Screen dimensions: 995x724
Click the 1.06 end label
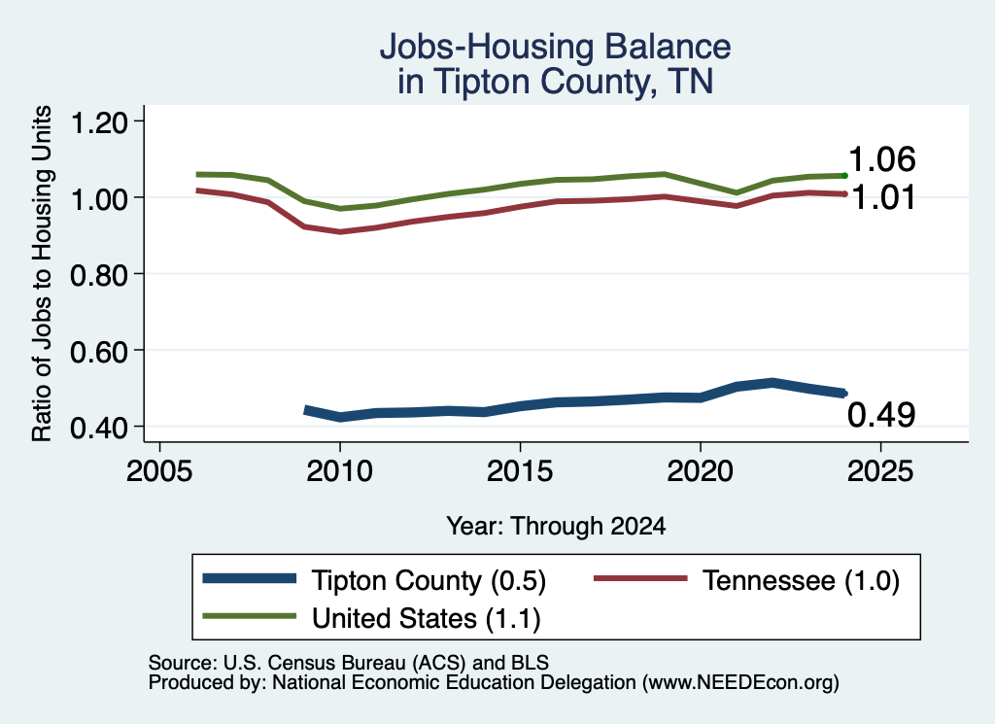pyautogui.click(x=881, y=159)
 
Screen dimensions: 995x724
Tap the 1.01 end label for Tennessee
pyautogui.click(x=882, y=197)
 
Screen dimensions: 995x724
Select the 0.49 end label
pyautogui.click(x=881, y=415)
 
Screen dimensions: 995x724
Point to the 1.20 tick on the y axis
pyautogui.click(x=99, y=122)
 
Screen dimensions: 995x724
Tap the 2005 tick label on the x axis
pyautogui.click(x=159, y=471)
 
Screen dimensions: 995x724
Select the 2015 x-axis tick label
pyautogui.click(x=520, y=471)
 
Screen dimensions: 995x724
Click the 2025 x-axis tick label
pyautogui.click(x=880, y=471)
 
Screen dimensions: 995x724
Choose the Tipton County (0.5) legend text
pyautogui.click(x=429, y=580)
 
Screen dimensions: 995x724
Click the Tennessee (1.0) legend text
pyautogui.click(x=801, y=580)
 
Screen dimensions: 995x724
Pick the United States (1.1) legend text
pyautogui.click(x=427, y=619)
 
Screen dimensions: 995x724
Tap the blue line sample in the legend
pyautogui.click(x=250, y=578)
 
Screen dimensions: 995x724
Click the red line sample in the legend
pyautogui.click(x=640, y=578)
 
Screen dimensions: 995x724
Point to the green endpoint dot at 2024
pyautogui.click(x=844, y=175)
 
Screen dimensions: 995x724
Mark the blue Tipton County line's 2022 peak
pyautogui.click(x=772, y=383)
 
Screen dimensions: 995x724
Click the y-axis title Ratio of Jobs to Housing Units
pyautogui.click(x=42, y=273)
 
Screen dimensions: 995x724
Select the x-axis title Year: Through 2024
pyautogui.click(x=556, y=526)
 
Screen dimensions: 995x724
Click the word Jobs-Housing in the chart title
pyautogui.click(x=486, y=47)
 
